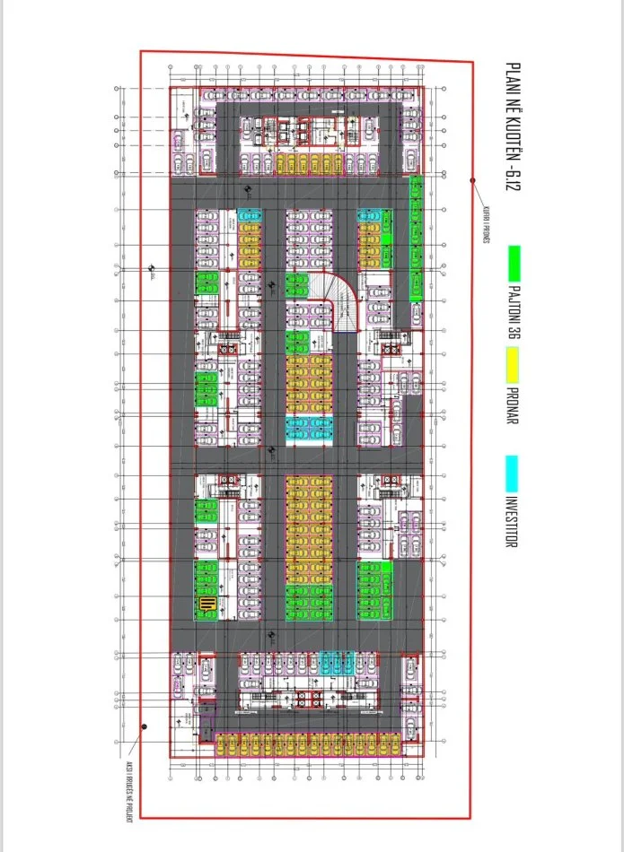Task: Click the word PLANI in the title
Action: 514,77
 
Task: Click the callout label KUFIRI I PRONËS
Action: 486,226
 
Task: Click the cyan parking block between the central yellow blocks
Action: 308,430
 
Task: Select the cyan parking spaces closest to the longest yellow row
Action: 338,665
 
